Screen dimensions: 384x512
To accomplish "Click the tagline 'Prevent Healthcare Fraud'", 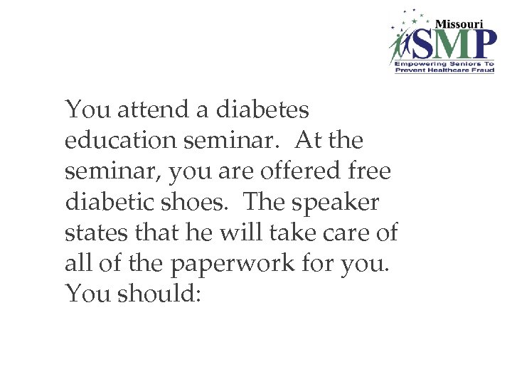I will coord(444,70).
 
